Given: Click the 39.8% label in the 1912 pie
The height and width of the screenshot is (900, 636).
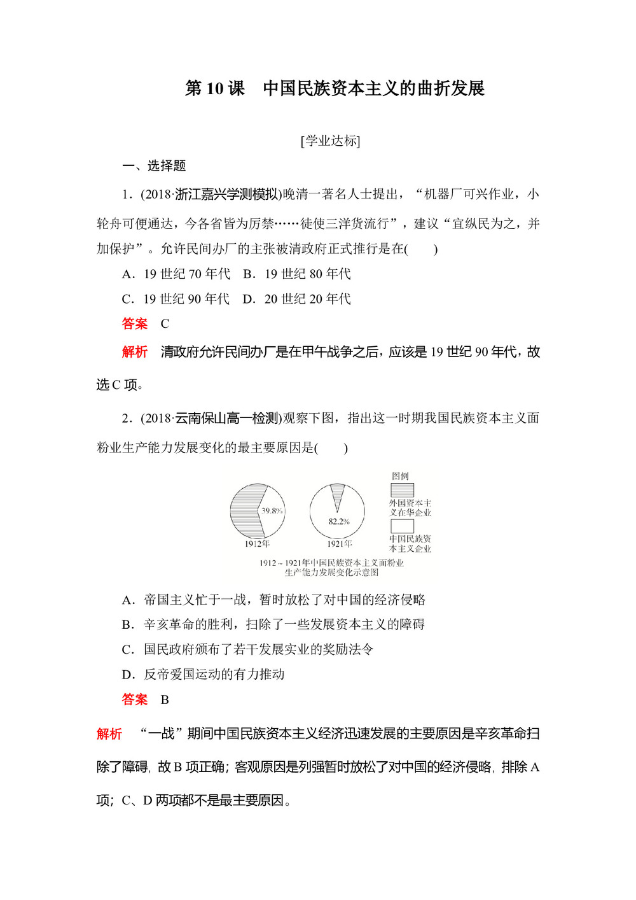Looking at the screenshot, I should [272, 510].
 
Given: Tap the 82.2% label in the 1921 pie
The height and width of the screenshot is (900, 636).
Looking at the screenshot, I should [338, 521].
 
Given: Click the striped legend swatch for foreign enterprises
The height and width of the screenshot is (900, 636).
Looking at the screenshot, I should [402, 490].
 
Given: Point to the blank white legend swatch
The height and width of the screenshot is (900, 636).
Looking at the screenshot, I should [402, 526].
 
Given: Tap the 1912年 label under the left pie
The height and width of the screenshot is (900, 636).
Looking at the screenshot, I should [257, 544].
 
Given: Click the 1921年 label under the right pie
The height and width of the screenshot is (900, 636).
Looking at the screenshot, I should [339, 544].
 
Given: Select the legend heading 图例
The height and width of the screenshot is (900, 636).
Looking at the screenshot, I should [400, 476].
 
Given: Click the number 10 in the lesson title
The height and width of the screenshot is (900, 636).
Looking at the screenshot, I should [214, 88].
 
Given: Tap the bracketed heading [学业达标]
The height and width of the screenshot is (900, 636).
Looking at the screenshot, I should [331, 141].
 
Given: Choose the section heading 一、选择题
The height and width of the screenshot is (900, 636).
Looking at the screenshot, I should [154, 165].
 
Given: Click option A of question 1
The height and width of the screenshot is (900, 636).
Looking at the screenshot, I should [176, 274].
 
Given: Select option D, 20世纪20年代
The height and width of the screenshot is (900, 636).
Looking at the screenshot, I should [297, 299].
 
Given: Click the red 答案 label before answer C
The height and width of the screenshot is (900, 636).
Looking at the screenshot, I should [135, 323].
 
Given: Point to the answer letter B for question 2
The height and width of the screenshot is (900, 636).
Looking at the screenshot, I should [165, 700].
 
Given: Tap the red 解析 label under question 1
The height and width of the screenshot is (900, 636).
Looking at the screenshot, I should [135, 351].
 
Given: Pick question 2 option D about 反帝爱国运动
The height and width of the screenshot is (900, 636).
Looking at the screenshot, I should [204, 674].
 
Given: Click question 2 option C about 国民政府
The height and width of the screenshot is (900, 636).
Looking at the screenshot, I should [247, 649].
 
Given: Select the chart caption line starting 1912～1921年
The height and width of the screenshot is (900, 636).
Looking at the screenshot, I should [331, 563].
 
